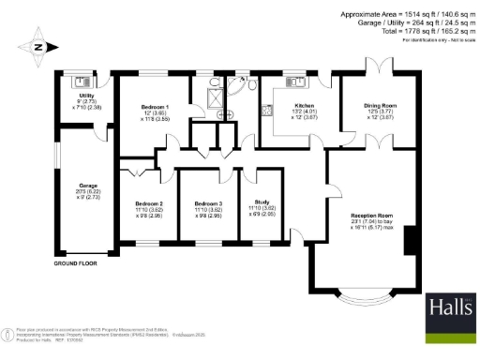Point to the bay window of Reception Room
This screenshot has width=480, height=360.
(361, 297)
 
